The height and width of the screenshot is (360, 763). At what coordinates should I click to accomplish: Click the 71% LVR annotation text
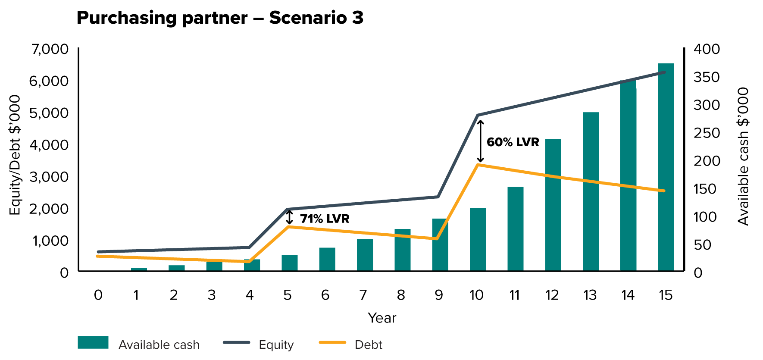325,219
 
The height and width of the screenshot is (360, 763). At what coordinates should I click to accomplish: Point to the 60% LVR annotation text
513,142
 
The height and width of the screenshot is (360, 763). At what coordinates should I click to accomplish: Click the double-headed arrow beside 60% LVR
481,141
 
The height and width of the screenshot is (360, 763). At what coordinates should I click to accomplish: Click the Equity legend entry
276,344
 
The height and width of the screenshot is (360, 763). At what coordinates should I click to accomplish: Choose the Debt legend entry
368,344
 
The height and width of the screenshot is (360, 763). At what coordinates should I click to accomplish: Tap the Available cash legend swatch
93,343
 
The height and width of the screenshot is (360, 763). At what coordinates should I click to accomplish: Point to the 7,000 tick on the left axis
50,49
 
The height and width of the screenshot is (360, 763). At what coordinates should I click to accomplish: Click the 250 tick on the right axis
707,133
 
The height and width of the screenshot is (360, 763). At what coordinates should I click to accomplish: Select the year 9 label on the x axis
438,295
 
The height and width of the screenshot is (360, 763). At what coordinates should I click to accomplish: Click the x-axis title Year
382,318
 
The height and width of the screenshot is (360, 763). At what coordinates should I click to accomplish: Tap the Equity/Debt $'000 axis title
15,155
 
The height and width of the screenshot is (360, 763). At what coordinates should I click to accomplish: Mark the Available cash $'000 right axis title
743,156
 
